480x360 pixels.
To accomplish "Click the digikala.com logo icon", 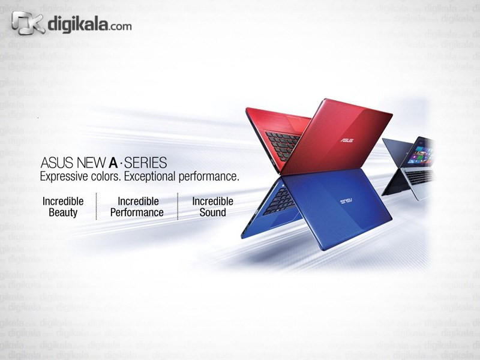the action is (28, 23).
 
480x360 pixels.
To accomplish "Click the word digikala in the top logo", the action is (77, 24).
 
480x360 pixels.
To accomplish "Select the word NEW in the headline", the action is (92, 163).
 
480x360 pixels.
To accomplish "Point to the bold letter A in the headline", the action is (113, 163).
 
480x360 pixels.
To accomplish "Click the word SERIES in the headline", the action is (145, 163).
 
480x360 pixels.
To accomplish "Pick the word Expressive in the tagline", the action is (64, 177).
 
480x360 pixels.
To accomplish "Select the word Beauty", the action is (63, 212).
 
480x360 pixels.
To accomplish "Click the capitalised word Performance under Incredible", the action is (137, 212).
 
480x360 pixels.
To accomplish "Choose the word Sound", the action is (213, 212).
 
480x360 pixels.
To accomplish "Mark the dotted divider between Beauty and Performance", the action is (96, 206).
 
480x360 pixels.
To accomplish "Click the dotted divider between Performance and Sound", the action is (178, 206).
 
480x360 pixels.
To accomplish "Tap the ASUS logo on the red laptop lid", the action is (347, 140).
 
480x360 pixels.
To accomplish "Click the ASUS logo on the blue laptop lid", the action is (346, 201).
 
